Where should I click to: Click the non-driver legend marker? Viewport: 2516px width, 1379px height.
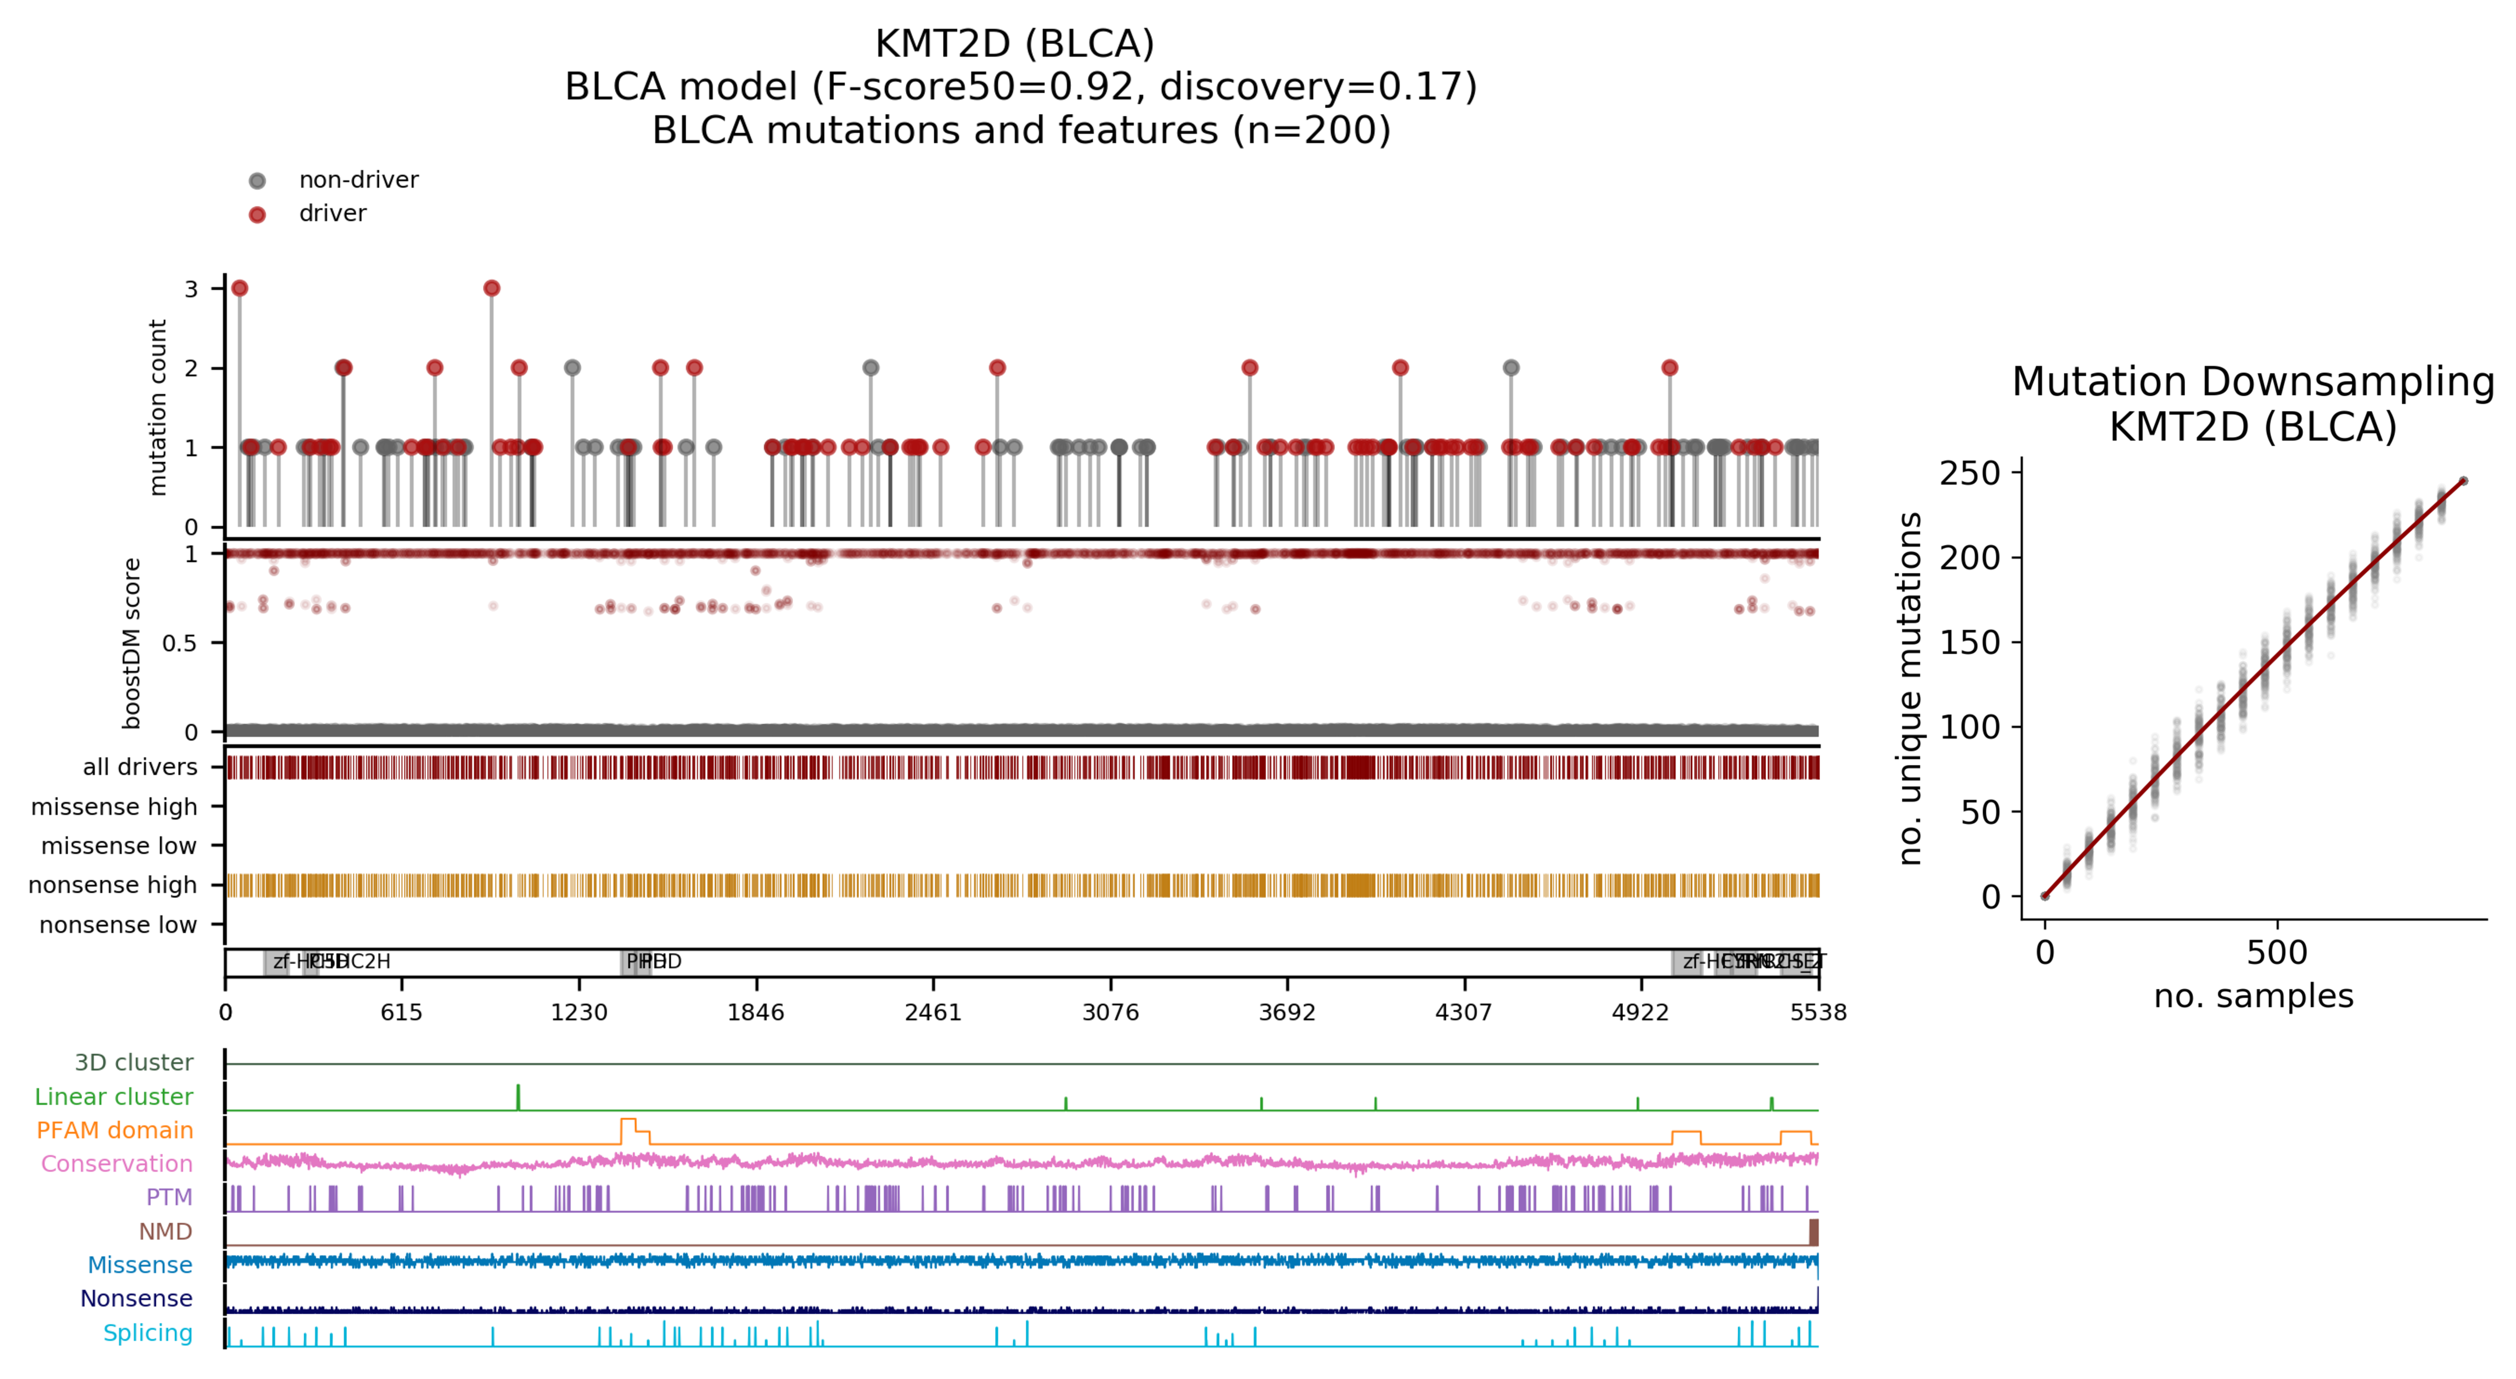257,181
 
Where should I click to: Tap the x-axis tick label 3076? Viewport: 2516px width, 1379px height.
1110,1013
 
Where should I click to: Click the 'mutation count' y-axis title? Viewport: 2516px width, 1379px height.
157,407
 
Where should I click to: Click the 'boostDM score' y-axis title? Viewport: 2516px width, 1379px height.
132,644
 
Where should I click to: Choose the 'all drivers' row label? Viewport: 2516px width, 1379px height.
139,768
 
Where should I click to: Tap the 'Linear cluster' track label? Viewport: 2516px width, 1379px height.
113,1097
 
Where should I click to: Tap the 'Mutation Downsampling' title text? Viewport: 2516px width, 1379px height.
2253,382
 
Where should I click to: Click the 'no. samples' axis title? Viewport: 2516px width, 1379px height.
2253,996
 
